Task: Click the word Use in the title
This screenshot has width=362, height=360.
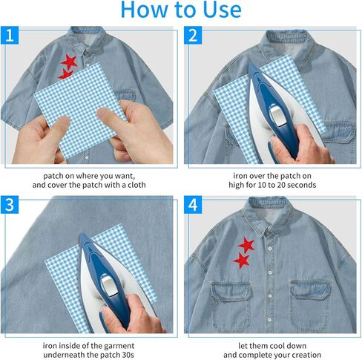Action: (222, 10)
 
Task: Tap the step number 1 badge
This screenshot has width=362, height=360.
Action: (10, 35)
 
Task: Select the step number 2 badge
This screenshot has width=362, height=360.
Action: (193, 35)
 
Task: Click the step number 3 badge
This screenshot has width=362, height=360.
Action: (10, 205)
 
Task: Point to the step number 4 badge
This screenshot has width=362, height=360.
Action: (193, 205)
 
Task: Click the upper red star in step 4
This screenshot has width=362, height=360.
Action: (246, 245)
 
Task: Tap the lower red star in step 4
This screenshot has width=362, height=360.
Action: (241, 261)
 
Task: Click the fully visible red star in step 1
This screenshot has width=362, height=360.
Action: (69, 62)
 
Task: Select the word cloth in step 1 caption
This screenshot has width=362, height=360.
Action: (136, 185)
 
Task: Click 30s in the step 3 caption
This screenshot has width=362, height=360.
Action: (128, 355)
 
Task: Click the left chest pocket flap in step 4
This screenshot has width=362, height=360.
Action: (230, 289)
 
